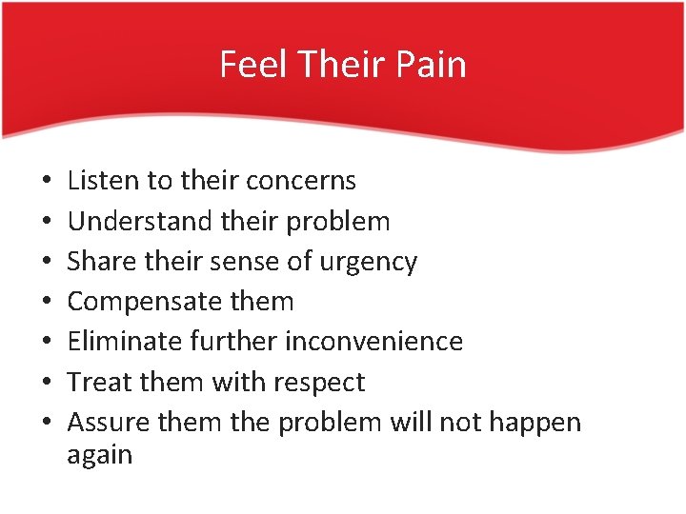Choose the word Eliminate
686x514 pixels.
tap(125, 341)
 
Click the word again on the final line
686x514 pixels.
tap(99, 455)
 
